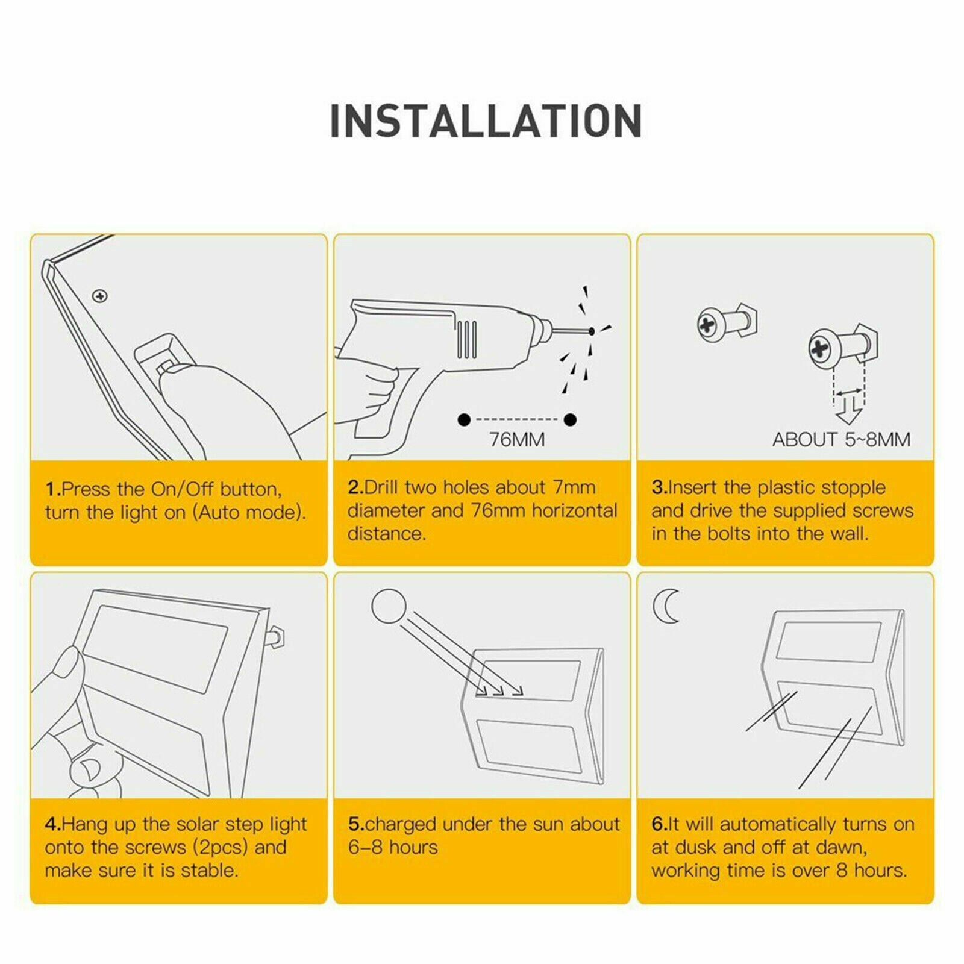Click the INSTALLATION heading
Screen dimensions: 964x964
click(486, 121)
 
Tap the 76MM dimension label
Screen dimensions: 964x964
click(517, 440)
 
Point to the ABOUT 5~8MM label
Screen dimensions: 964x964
click(841, 440)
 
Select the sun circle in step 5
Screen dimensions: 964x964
click(389, 607)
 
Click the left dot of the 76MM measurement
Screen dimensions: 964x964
click(464, 419)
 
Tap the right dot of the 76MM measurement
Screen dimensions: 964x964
click(570, 419)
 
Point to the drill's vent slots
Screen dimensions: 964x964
click(467, 339)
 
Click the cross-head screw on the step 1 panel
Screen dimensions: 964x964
click(100, 296)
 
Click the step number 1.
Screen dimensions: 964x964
click(52, 489)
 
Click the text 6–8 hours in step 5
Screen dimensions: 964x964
click(393, 847)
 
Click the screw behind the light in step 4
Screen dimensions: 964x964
click(276, 636)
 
